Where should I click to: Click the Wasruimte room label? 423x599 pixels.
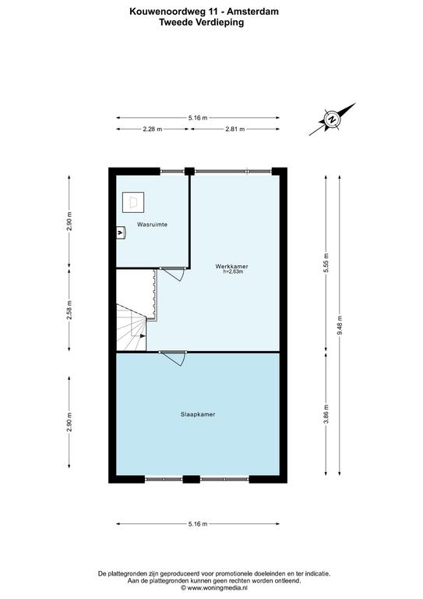pos(152,225)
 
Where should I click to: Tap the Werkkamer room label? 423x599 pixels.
pos(232,266)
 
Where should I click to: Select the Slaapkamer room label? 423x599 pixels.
pos(198,414)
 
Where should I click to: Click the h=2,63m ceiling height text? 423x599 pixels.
pos(233,271)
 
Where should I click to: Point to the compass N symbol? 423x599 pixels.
pos(332,119)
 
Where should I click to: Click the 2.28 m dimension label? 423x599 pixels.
pos(153,129)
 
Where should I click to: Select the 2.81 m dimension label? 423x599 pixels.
pos(235,129)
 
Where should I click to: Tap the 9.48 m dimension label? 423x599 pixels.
pos(340,325)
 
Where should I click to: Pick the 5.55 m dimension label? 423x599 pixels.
pos(326,263)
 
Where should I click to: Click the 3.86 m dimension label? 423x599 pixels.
pos(326,414)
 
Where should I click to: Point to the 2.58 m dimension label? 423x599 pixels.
pos(69,310)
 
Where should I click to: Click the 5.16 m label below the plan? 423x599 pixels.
pos(198,524)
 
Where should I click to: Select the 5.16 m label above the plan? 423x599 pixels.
pos(198,118)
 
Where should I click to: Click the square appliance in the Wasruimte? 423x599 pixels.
pos(133,202)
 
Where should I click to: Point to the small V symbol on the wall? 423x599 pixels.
pos(121,232)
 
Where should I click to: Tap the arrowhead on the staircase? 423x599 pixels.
pos(143,336)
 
